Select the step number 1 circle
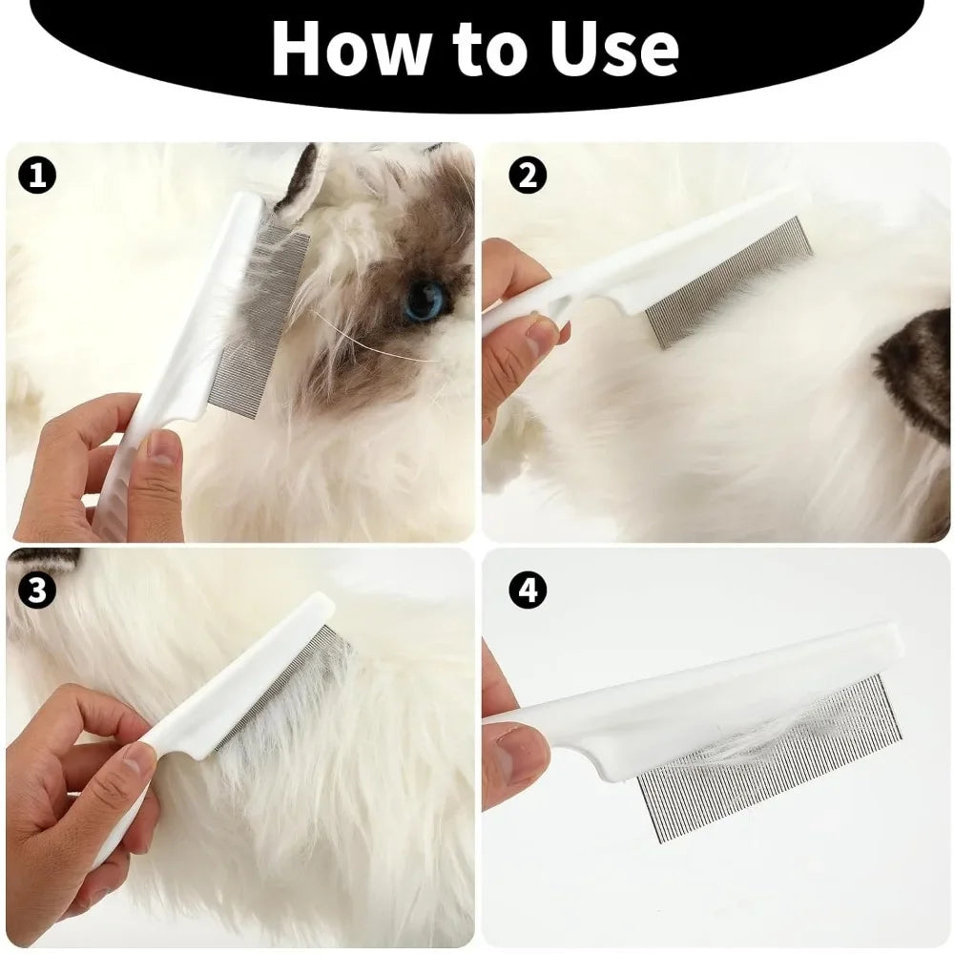[37, 176]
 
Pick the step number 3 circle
[37, 591]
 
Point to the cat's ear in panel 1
[303, 176]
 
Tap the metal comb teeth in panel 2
[730, 281]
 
